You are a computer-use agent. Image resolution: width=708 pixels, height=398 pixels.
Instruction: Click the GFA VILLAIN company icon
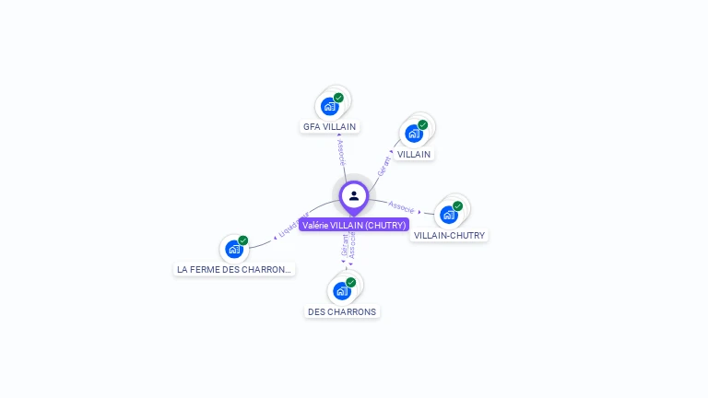[x=330, y=106]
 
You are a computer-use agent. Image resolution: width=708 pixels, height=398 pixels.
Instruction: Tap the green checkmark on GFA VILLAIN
[x=338, y=98]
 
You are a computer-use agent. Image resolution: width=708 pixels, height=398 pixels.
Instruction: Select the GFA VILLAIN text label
[x=330, y=127]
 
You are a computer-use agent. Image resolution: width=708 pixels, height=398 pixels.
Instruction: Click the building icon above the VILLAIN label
[x=414, y=134]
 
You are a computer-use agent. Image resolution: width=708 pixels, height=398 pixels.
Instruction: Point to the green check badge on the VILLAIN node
[x=422, y=125]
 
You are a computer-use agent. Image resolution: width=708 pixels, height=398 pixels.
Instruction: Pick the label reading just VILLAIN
[x=414, y=154]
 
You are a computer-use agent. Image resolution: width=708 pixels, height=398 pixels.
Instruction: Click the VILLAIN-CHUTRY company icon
[x=449, y=215]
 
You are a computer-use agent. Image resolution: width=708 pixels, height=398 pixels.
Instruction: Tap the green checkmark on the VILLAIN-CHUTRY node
[x=457, y=206]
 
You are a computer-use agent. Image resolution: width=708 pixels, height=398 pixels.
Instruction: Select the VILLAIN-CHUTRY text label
[x=449, y=235]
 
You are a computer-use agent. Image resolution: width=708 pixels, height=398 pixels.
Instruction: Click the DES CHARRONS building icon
[x=342, y=291]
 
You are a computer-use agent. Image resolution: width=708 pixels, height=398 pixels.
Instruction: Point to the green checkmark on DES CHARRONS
[x=350, y=283]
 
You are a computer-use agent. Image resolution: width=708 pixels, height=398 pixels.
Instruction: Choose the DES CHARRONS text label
[x=342, y=311]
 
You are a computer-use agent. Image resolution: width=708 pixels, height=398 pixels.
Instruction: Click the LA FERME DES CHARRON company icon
[x=234, y=249]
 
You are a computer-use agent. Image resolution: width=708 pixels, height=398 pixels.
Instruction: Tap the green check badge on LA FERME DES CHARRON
[x=242, y=240]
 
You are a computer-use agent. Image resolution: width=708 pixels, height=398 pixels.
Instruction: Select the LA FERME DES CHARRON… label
[x=234, y=269]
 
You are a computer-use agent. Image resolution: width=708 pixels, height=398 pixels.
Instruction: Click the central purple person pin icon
[x=354, y=196]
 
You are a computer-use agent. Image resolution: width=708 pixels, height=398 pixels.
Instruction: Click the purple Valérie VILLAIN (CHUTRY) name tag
[x=353, y=225]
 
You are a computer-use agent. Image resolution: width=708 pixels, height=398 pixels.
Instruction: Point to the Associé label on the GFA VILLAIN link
[x=340, y=153]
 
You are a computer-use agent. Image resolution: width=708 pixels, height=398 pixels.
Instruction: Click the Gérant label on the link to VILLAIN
[x=383, y=166]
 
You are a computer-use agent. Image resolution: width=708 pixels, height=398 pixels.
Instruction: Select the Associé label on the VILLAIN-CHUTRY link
[x=402, y=206]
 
